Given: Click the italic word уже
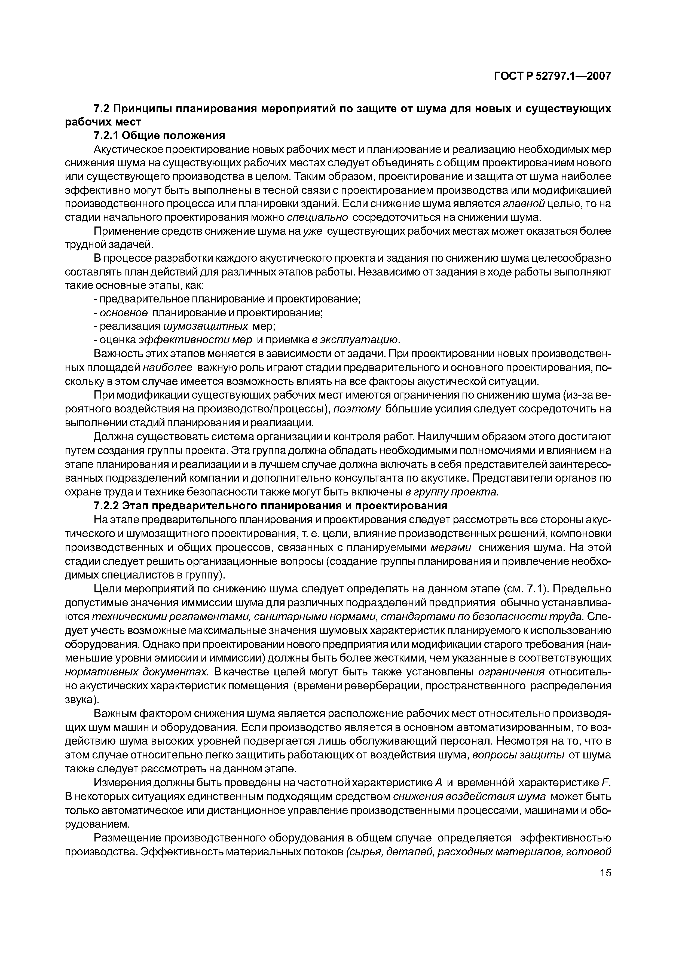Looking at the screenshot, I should point(313,231).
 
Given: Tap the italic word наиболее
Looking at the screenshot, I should point(167,368).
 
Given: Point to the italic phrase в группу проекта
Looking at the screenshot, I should point(452,492).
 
